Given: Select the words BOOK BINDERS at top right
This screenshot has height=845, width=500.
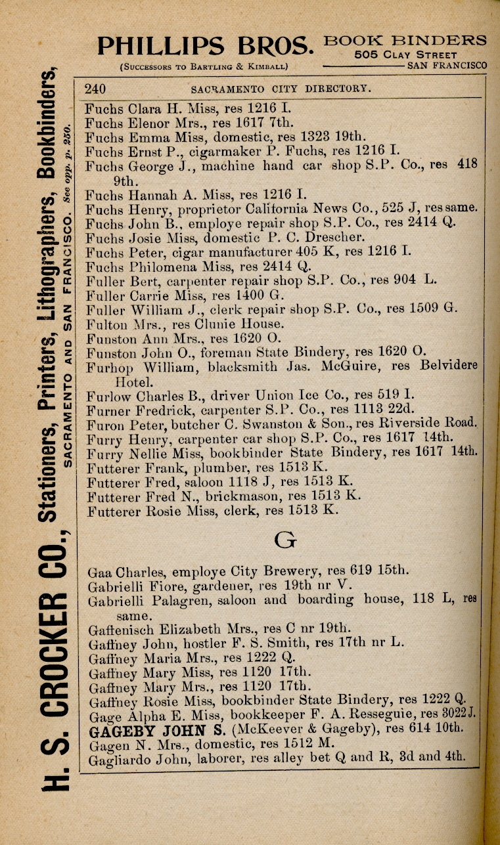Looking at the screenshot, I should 406,41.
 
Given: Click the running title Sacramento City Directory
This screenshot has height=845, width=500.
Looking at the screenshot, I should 282,89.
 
